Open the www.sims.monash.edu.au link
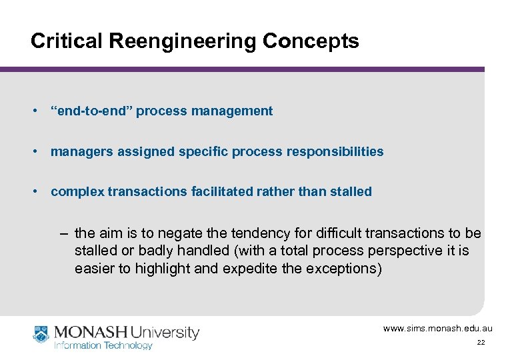pos(437,328)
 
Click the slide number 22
pos(481,343)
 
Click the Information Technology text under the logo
pos(103,345)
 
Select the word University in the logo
pos(165,332)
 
